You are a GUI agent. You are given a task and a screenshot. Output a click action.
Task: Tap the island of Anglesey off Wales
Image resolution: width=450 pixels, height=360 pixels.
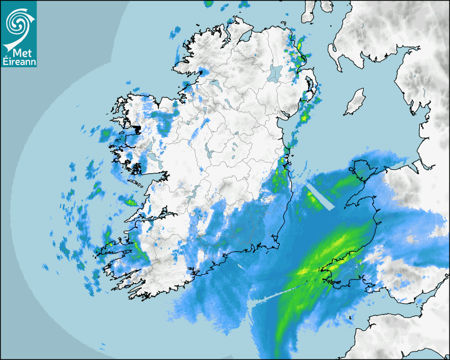tap(363, 171)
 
